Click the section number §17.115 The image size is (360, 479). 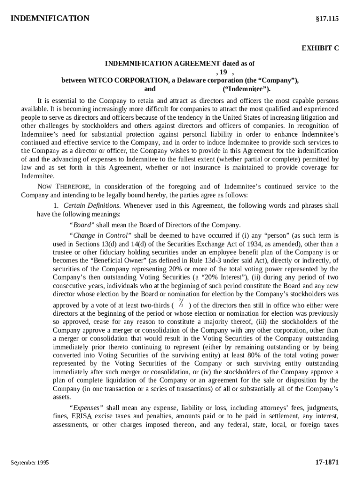[x=326, y=19]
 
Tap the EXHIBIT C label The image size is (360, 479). [x=320, y=48]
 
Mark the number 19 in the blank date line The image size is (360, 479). [x=223, y=72]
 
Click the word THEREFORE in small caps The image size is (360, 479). [x=71, y=187]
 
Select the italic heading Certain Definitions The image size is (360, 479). [x=92, y=206]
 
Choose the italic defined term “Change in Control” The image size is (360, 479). [x=101, y=235]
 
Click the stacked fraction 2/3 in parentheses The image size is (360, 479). [x=180, y=303]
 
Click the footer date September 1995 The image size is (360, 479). [x=30, y=463]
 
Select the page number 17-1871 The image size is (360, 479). [x=327, y=462]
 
